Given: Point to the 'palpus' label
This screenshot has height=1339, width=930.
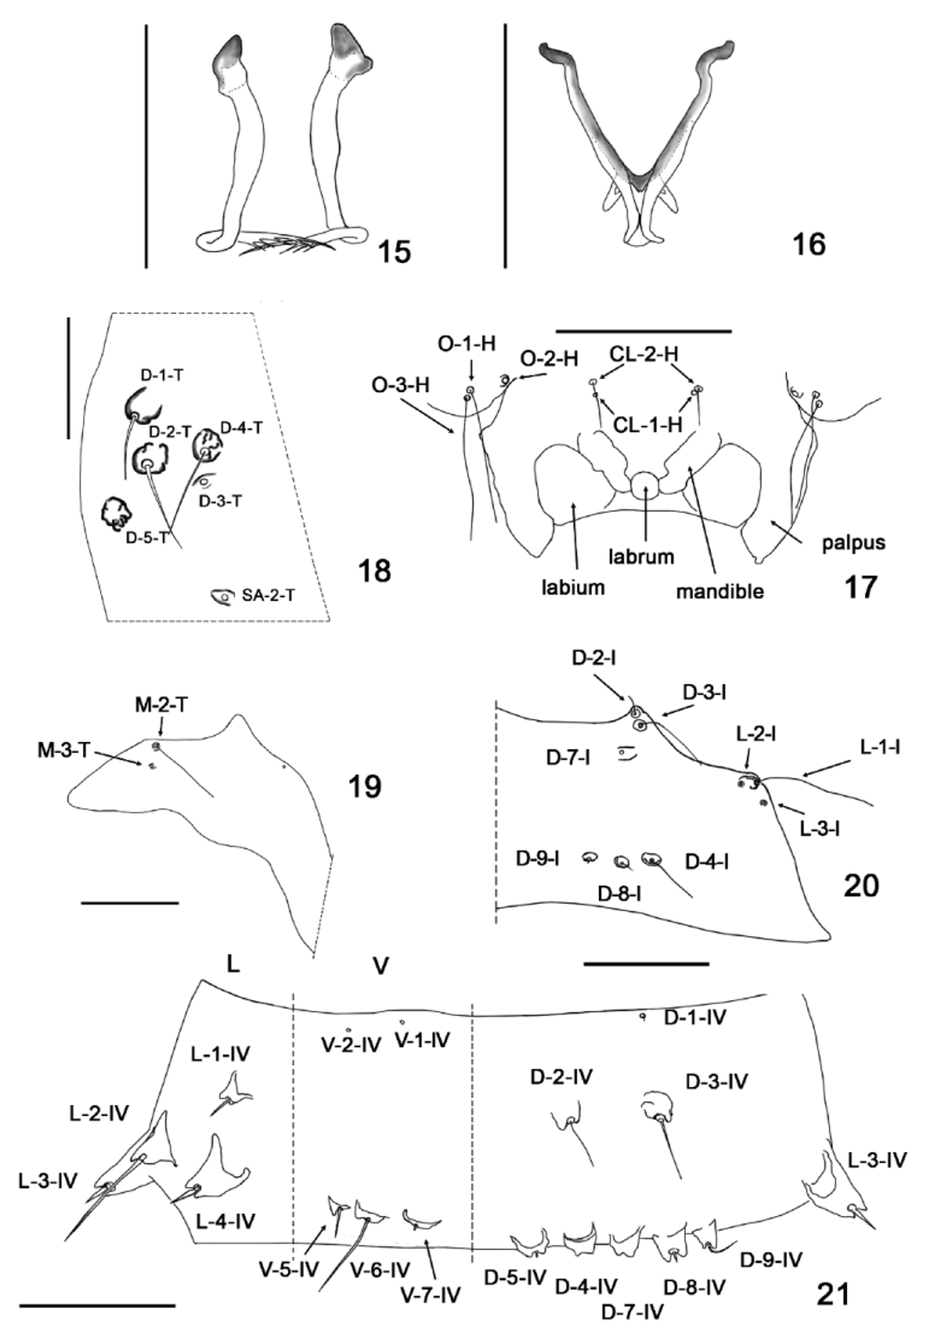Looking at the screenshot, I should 854,543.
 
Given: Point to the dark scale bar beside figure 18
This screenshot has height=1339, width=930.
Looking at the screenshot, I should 69,378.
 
